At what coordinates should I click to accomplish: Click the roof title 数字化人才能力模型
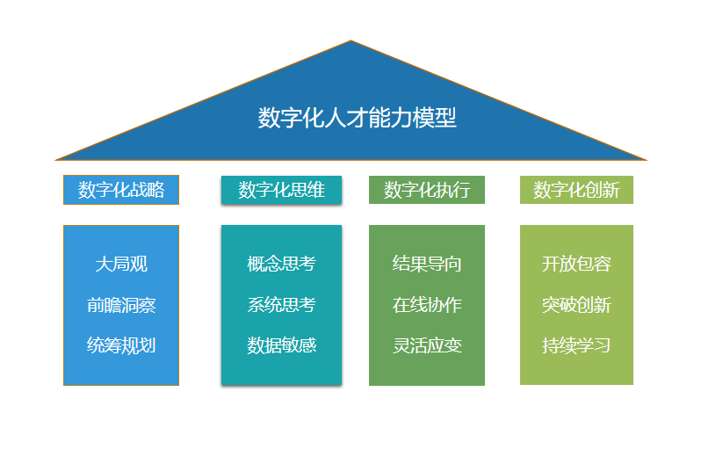[358, 118]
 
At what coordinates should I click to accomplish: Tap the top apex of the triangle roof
[351, 42]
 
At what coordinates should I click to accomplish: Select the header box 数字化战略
[121, 190]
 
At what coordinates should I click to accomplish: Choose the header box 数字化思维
[281, 190]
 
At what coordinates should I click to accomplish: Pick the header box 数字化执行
[427, 190]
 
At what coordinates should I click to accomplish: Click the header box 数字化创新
[576, 190]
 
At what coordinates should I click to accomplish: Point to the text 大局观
[121, 264]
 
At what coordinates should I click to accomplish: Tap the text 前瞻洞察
[121, 305]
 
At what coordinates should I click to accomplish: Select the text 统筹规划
[121, 345]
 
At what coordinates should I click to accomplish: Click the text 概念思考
[281, 264]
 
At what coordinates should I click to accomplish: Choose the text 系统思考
[281, 305]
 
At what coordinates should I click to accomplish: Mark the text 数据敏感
[281, 345]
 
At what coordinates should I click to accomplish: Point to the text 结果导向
[427, 264]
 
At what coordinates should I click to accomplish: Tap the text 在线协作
[427, 305]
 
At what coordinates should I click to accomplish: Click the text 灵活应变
[427, 345]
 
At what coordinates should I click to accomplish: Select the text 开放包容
[576, 264]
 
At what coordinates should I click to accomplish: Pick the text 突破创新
[576, 305]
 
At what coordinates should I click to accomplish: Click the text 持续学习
[576, 345]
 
